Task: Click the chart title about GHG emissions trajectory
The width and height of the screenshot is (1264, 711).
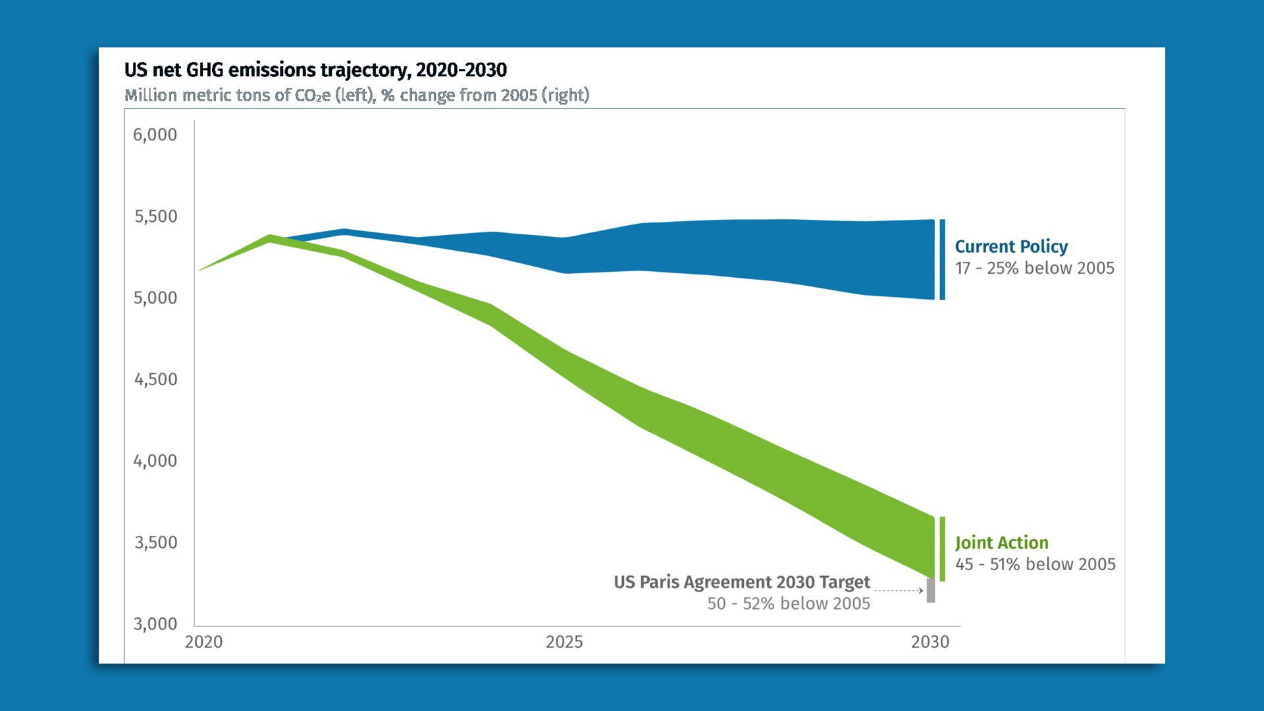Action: click(x=315, y=70)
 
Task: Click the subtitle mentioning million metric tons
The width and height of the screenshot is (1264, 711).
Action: click(x=357, y=95)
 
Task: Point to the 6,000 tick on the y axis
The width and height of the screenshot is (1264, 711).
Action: click(x=155, y=135)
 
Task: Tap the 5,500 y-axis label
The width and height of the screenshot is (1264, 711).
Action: click(x=156, y=217)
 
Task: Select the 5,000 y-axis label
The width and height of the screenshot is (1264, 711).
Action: click(x=155, y=298)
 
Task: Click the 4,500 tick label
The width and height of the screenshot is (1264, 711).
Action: click(x=156, y=380)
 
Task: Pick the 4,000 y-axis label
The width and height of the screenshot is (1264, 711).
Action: click(x=155, y=461)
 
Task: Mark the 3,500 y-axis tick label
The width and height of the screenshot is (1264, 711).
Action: click(x=156, y=542)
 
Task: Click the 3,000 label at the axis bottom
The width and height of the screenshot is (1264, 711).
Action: click(x=155, y=624)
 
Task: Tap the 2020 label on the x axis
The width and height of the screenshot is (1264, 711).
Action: click(x=203, y=642)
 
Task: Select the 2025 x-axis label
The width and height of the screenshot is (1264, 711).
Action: click(x=564, y=642)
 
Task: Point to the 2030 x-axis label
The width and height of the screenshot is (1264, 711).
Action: click(x=930, y=642)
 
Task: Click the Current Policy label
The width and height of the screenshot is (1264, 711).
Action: click(x=1011, y=247)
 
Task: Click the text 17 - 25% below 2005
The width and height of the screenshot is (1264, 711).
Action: click(x=1034, y=269)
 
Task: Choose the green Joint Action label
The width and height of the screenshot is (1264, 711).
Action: click(x=1001, y=543)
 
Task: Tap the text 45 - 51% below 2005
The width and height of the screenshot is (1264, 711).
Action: click(x=1035, y=565)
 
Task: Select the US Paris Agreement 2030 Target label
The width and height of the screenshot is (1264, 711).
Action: click(x=742, y=583)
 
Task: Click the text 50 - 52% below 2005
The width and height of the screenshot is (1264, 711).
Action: click(x=789, y=604)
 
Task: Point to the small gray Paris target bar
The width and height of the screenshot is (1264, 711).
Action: click(x=931, y=591)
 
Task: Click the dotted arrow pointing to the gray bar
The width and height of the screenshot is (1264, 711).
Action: click(x=899, y=591)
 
